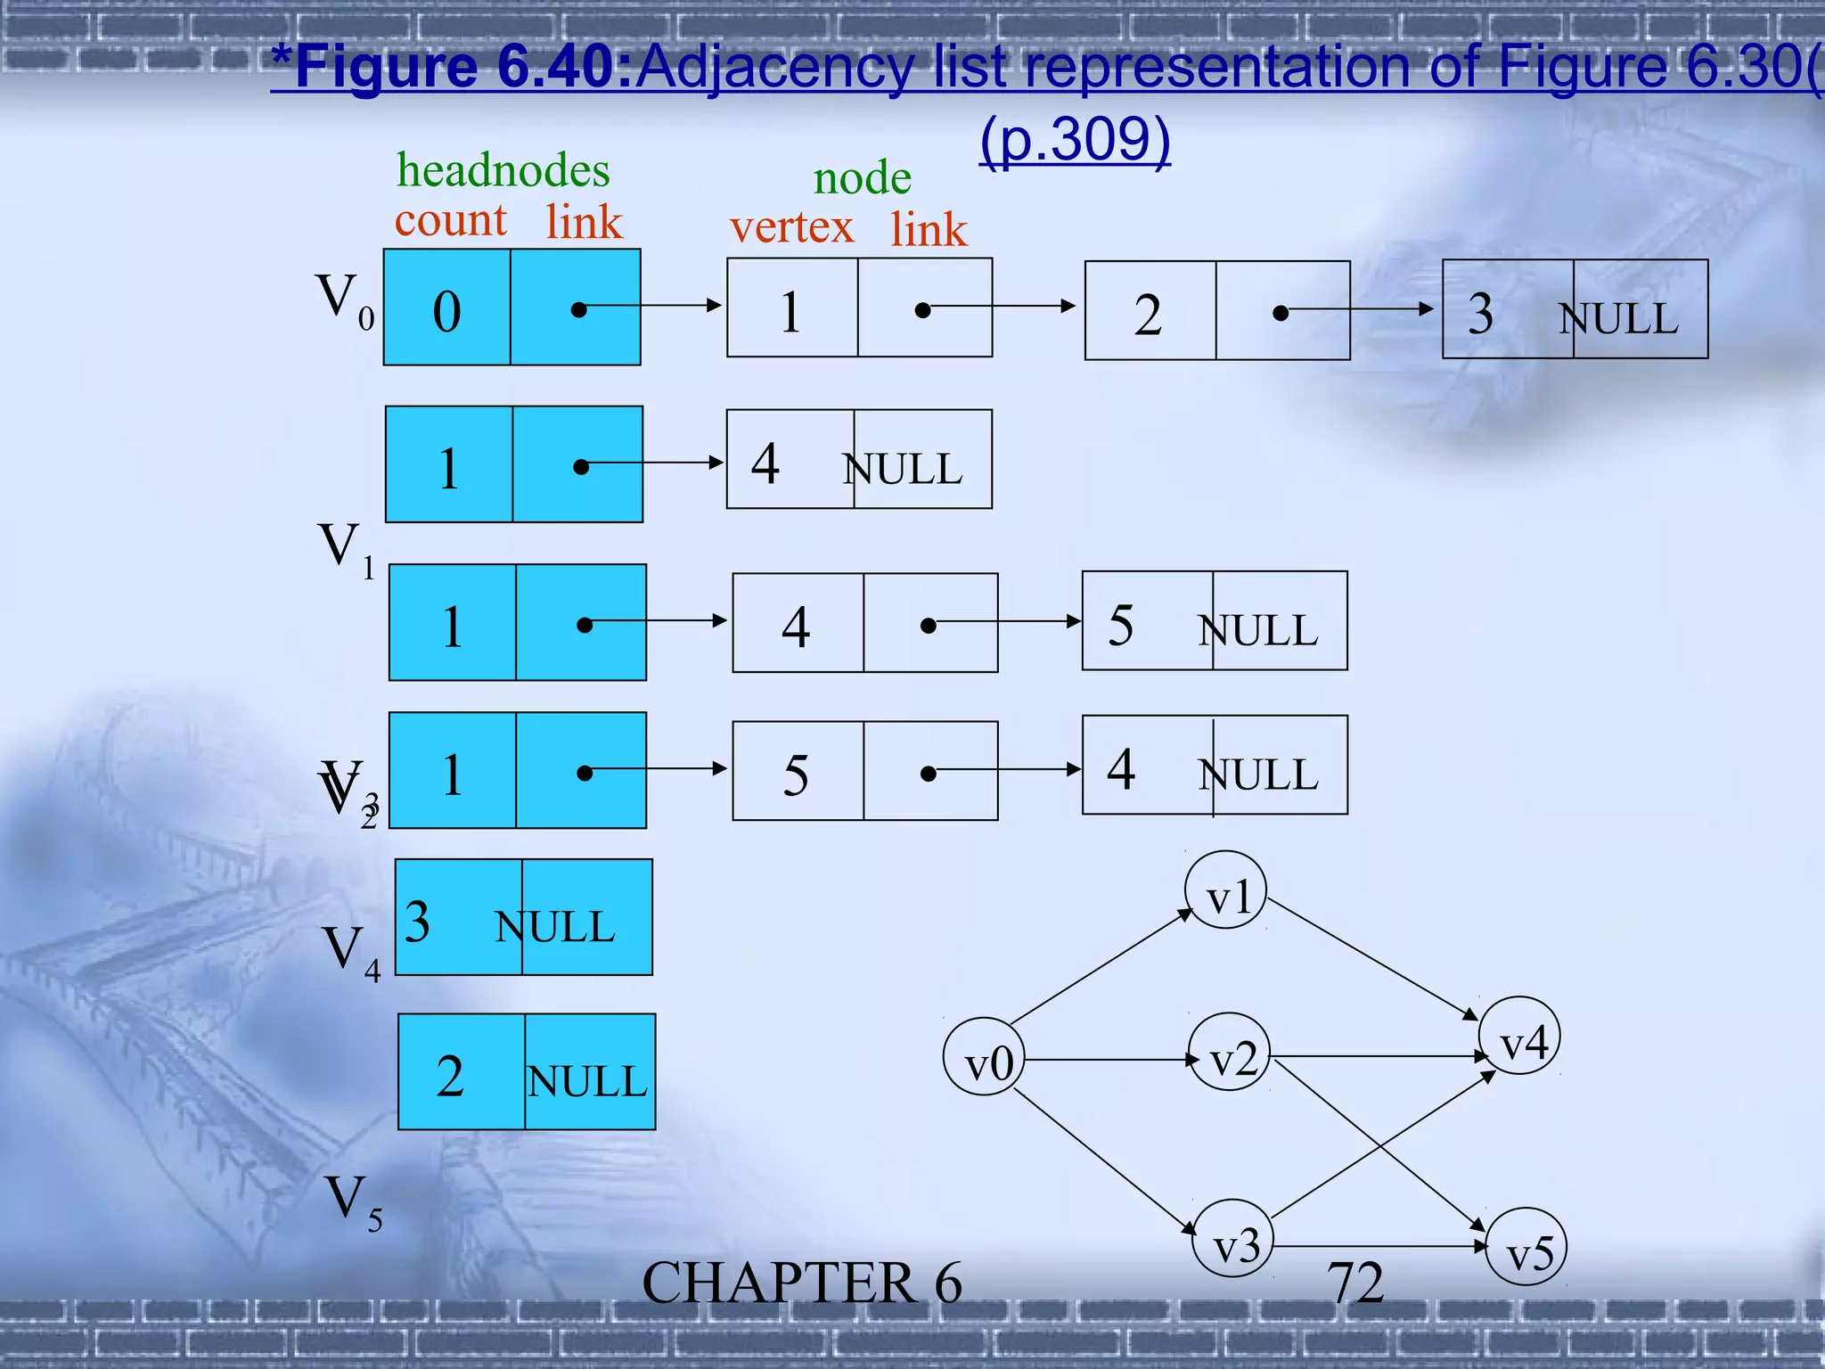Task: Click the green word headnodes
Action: click(503, 170)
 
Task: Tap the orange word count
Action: click(450, 220)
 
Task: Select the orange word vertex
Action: click(791, 227)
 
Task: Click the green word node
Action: click(862, 178)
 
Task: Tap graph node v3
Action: click(1234, 1238)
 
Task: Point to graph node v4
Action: click(1519, 1036)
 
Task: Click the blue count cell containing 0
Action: click(447, 307)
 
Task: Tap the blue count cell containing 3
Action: click(458, 917)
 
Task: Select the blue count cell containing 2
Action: click(462, 1072)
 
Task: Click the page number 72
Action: click(1354, 1283)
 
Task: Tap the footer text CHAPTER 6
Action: click(802, 1283)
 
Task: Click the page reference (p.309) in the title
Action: click(1075, 140)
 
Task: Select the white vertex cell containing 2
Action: click(1150, 311)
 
